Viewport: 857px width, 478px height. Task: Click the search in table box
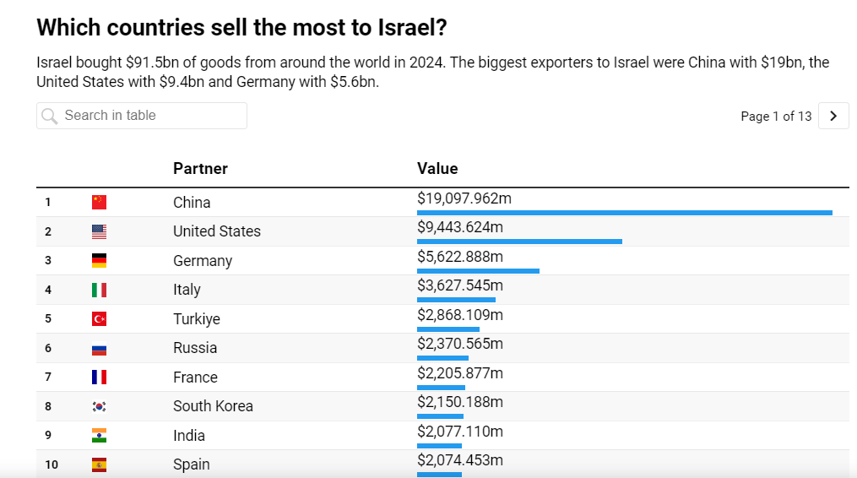pyautogui.click(x=142, y=116)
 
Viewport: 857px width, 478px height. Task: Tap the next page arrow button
pyautogui.click(x=833, y=116)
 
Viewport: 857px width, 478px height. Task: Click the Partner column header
pyautogui.click(x=200, y=168)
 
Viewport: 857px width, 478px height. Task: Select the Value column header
pyautogui.click(x=437, y=168)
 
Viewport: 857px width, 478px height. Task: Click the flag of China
pyautogui.click(x=100, y=202)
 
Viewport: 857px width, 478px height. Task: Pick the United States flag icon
pyautogui.click(x=100, y=231)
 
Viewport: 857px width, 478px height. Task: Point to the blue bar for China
pyautogui.click(x=624, y=213)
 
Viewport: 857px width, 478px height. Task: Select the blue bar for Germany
pyautogui.click(x=478, y=271)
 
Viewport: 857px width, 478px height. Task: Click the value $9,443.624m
pyautogui.click(x=460, y=227)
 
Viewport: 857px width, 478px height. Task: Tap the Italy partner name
pyautogui.click(x=187, y=290)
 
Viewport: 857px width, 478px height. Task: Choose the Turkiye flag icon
pyautogui.click(x=100, y=318)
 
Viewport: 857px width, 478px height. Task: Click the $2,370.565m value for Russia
pyautogui.click(x=460, y=344)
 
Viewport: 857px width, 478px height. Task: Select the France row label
pyautogui.click(x=195, y=377)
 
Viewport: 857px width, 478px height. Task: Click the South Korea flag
pyautogui.click(x=100, y=406)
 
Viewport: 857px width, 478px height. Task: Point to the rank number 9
pyautogui.click(x=48, y=435)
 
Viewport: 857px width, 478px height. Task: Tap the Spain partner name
pyautogui.click(x=192, y=464)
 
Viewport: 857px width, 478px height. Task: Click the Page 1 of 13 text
pyautogui.click(x=776, y=117)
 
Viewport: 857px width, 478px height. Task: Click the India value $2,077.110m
pyautogui.click(x=460, y=432)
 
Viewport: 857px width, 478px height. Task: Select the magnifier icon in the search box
pyautogui.click(x=50, y=116)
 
